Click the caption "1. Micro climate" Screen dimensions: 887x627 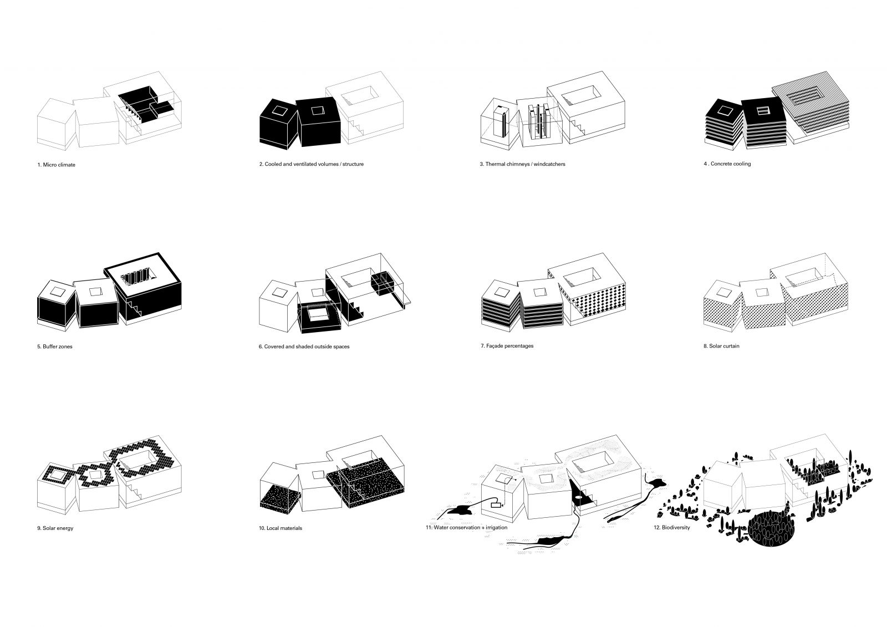pyautogui.click(x=56, y=165)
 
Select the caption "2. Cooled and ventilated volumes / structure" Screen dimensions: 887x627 pyautogui.click(x=311, y=164)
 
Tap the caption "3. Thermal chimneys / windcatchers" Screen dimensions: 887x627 pyautogui.click(x=522, y=164)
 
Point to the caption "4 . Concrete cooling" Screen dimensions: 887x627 pyautogui.click(x=727, y=164)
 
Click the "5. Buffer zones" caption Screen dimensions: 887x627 pyautogui.click(x=55, y=346)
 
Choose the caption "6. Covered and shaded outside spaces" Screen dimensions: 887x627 pyautogui.click(x=304, y=346)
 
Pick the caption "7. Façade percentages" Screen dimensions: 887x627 pyautogui.click(x=507, y=346)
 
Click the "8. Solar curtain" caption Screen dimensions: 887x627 pyautogui.click(x=721, y=346)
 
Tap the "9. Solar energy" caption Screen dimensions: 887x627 pyautogui.click(x=55, y=528)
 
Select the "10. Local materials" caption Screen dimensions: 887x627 pyautogui.click(x=281, y=528)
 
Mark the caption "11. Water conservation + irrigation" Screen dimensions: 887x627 pyautogui.click(x=466, y=528)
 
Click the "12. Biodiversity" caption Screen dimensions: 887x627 pyautogui.click(x=672, y=528)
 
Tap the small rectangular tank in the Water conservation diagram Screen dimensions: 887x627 pyautogui.click(x=496, y=505)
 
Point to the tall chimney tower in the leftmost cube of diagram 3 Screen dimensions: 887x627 pyautogui.click(x=500, y=121)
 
